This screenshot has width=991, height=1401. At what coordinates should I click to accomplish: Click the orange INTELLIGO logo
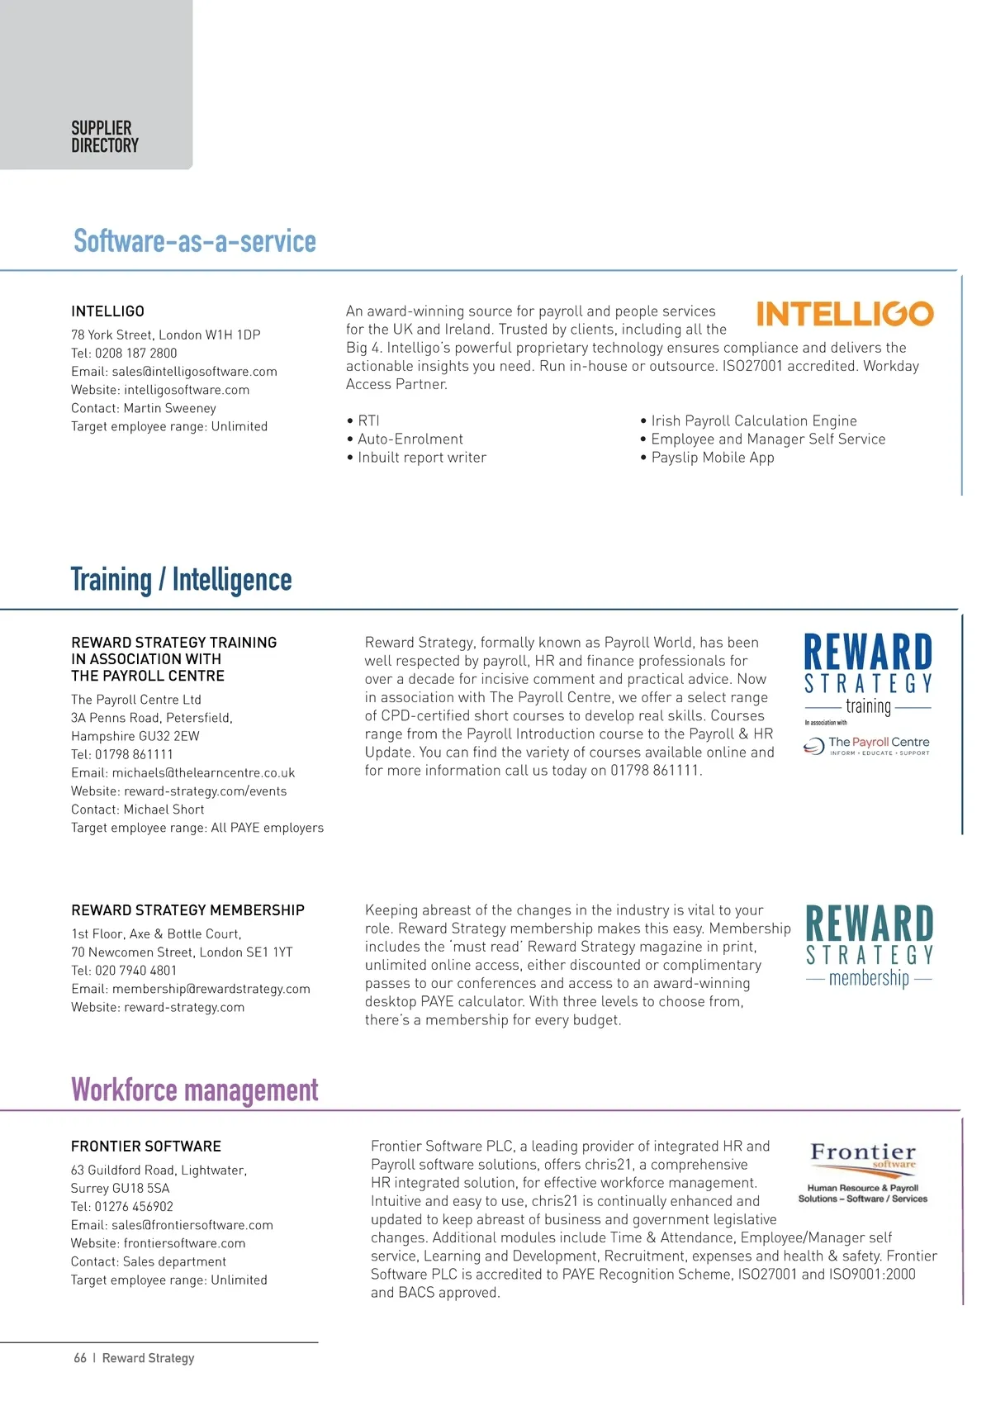click(x=844, y=314)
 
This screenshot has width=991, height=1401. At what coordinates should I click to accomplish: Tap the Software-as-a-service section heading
click(x=195, y=241)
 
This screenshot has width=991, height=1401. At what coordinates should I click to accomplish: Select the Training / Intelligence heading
click(x=181, y=580)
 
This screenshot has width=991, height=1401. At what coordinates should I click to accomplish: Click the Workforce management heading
click(x=194, y=1090)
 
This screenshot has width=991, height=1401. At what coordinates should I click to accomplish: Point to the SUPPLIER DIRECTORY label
click(x=105, y=137)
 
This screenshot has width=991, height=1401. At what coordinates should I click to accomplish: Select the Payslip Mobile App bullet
click(x=712, y=458)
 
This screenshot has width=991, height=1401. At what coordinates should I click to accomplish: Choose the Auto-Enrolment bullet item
click(x=410, y=439)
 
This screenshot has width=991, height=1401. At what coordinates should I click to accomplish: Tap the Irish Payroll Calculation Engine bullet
click(x=753, y=421)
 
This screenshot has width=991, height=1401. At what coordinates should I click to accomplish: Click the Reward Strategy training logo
click(x=867, y=692)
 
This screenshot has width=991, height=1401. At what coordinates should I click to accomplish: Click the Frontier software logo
click(x=863, y=1171)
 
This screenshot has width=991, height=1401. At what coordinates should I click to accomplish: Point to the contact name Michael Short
click(x=164, y=810)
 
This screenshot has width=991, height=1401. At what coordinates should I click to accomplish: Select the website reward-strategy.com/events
click(x=205, y=791)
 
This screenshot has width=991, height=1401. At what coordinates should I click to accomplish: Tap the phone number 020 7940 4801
click(x=135, y=971)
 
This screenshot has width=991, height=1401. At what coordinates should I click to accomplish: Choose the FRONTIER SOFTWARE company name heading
click(x=146, y=1147)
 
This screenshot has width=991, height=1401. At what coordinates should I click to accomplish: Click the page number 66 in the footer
click(x=80, y=1358)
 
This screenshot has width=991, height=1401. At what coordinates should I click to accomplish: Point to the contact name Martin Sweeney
click(x=169, y=408)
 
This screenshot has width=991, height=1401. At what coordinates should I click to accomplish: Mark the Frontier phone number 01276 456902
click(x=134, y=1207)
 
